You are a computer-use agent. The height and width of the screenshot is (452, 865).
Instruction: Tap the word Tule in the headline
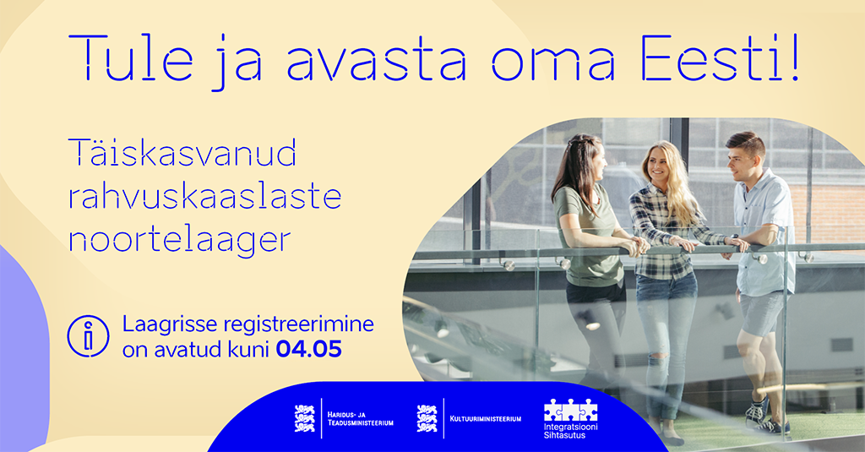130,58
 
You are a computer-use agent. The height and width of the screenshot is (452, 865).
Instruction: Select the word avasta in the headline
376,61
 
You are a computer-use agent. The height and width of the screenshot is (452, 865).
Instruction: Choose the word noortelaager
179,240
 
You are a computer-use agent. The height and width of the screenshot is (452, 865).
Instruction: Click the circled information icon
88,336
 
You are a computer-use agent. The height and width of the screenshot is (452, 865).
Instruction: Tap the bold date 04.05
309,349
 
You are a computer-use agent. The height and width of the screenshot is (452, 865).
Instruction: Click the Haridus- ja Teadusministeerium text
360,419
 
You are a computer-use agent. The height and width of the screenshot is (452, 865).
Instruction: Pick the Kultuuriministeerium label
486,419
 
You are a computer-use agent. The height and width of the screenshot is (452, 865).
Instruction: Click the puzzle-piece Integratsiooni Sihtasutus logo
570,419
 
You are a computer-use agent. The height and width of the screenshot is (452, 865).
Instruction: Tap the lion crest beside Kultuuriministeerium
427,418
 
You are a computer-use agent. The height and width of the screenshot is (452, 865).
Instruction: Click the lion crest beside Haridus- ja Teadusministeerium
304,418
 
